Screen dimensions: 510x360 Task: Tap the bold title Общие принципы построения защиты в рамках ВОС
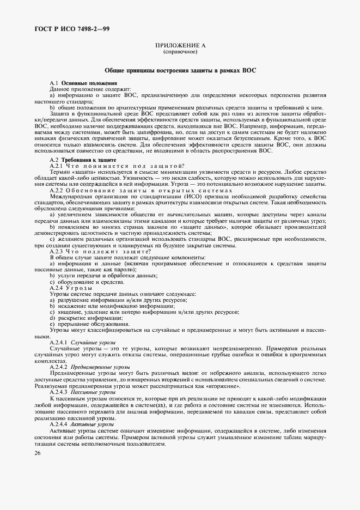point(180,71)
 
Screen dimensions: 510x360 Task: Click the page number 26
point(36,452)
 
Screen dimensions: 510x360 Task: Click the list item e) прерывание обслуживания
point(84,324)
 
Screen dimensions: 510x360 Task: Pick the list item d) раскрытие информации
point(82,318)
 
